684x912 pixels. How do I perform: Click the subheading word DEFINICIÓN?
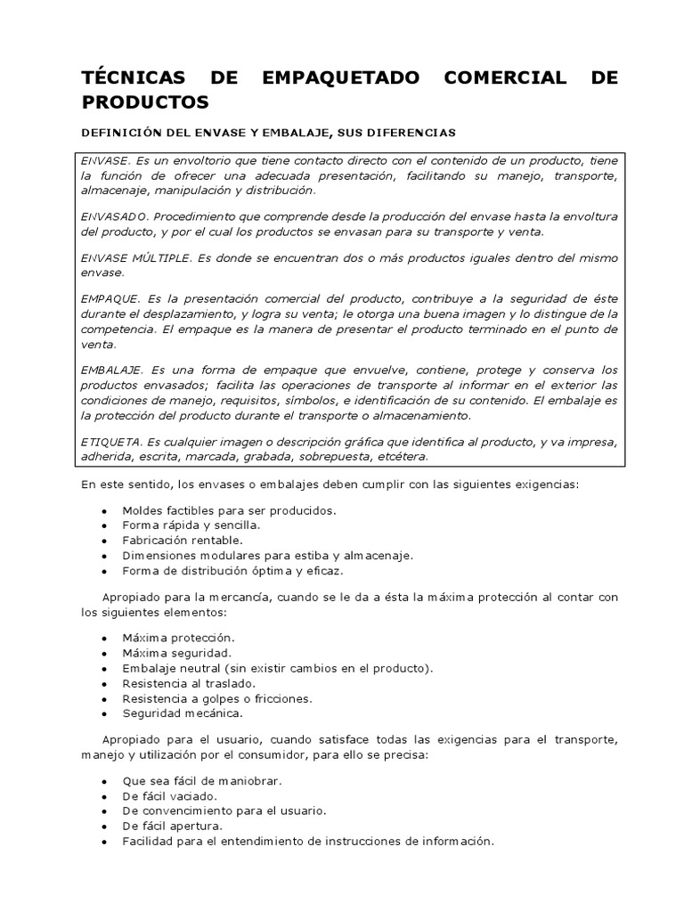pyautogui.click(x=120, y=133)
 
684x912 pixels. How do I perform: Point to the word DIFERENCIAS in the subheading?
pyautogui.click(x=411, y=133)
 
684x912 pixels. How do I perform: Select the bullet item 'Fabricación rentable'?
pyautogui.click(x=183, y=540)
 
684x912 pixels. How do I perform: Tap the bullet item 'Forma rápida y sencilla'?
pyautogui.click(x=191, y=525)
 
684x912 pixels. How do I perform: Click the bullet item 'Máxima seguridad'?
pyautogui.click(x=169, y=653)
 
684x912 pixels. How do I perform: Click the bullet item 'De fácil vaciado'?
pyautogui.click(x=170, y=795)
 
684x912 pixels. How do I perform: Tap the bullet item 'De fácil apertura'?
pyautogui.click(x=173, y=826)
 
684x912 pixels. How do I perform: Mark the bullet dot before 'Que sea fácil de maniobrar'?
pyautogui.click(x=105, y=781)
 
